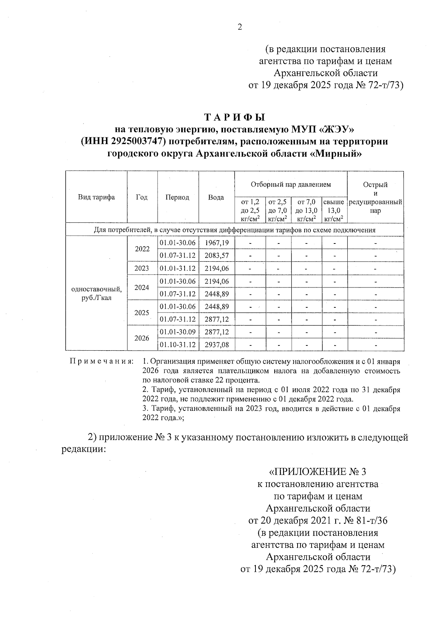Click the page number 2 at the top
240,27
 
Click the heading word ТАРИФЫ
235,117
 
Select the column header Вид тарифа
96,197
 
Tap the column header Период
177,197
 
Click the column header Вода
216,197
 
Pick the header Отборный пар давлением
291,184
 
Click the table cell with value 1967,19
217,243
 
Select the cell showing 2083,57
217,255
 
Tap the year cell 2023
142,268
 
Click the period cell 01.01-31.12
178,268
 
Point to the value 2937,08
217,345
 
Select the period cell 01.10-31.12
178,345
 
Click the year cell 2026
142,338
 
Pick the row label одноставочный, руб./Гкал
96,293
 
